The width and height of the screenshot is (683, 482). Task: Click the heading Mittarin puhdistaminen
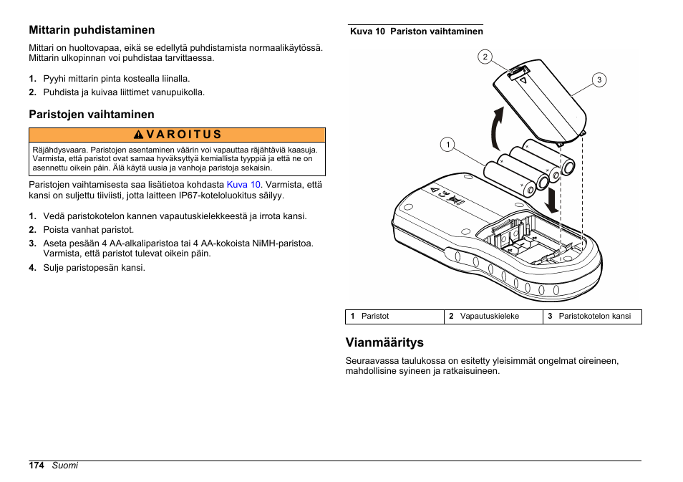(x=92, y=30)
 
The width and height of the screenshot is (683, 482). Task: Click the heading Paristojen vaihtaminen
(x=91, y=114)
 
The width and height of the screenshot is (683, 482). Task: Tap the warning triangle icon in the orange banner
(x=140, y=135)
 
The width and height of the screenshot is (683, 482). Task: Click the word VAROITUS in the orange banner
(x=184, y=135)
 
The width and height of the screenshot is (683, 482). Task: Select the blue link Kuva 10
(x=243, y=184)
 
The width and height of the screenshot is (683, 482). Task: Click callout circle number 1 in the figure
(x=447, y=145)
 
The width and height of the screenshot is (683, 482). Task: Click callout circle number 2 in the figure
(x=485, y=57)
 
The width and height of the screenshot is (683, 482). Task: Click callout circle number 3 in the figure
(x=599, y=79)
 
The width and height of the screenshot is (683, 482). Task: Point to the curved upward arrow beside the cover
(x=495, y=126)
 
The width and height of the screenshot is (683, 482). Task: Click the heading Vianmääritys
(x=384, y=342)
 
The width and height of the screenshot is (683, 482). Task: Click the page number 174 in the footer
(x=37, y=466)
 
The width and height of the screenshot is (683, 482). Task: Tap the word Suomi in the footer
(x=64, y=466)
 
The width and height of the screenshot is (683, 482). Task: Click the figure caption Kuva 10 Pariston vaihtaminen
(x=416, y=32)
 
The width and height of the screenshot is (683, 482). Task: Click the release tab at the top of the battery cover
(x=518, y=73)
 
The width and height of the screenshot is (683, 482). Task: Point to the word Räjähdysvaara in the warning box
(x=58, y=150)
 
